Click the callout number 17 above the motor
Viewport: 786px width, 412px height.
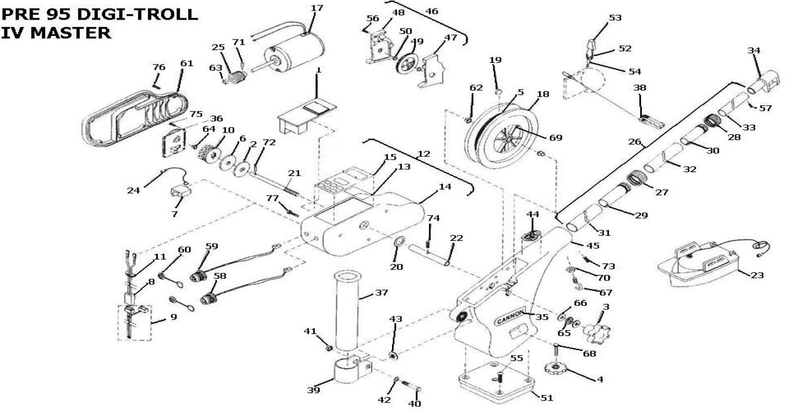pyautogui.click(x=317, y=8)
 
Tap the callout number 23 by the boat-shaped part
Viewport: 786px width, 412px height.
pyautogui.click(x=757, y=275)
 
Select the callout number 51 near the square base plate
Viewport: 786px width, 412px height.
pyautogui.click(x=546, y=398)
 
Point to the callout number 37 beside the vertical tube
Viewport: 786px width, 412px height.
pyautogui.click(x=381, y=292)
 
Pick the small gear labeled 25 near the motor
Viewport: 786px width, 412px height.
pyautogui.click(x=238, y=77)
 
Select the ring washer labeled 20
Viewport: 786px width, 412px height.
pyautogui.click(x=399, y=241)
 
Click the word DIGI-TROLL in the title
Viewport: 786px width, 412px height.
pyautogui.click(x=137, y=14)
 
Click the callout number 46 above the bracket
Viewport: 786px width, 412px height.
pyautogui.click(x=431, y=11)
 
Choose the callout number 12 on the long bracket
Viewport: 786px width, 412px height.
pyautogui.click(x=424, y=153)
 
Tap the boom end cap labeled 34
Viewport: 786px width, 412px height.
pyautogui.click(x=764, y=83)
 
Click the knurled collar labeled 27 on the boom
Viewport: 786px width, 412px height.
pyautogui.click(x=638, y=178)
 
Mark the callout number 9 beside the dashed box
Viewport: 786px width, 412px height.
pyautogui.click(x=174, y=317)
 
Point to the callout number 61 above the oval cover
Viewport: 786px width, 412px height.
pyautogui.click(x=187, y=63)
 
